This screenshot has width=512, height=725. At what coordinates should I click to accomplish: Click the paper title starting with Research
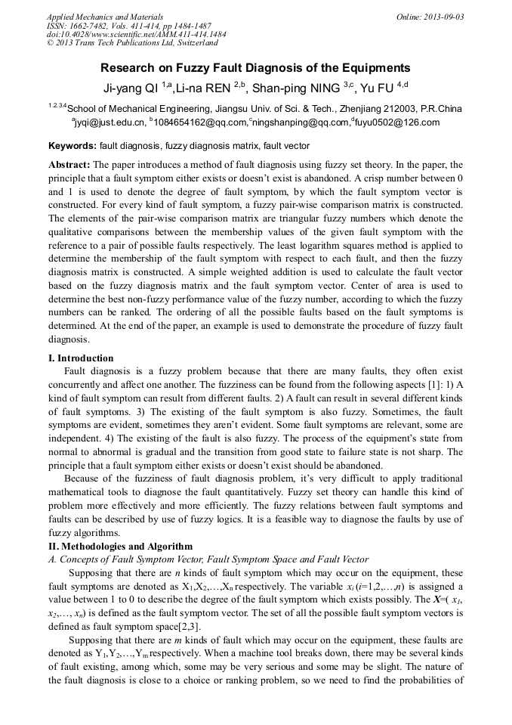pos(255,67)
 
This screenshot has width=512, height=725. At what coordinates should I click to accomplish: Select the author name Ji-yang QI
pos(130,87)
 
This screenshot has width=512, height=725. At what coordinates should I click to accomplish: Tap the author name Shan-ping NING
pos(296,87)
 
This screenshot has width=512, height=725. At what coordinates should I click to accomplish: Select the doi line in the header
pos(136,35)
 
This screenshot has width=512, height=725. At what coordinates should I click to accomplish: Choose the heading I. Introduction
pos(81,358)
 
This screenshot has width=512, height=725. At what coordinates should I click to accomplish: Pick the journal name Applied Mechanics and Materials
pos(104,17)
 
